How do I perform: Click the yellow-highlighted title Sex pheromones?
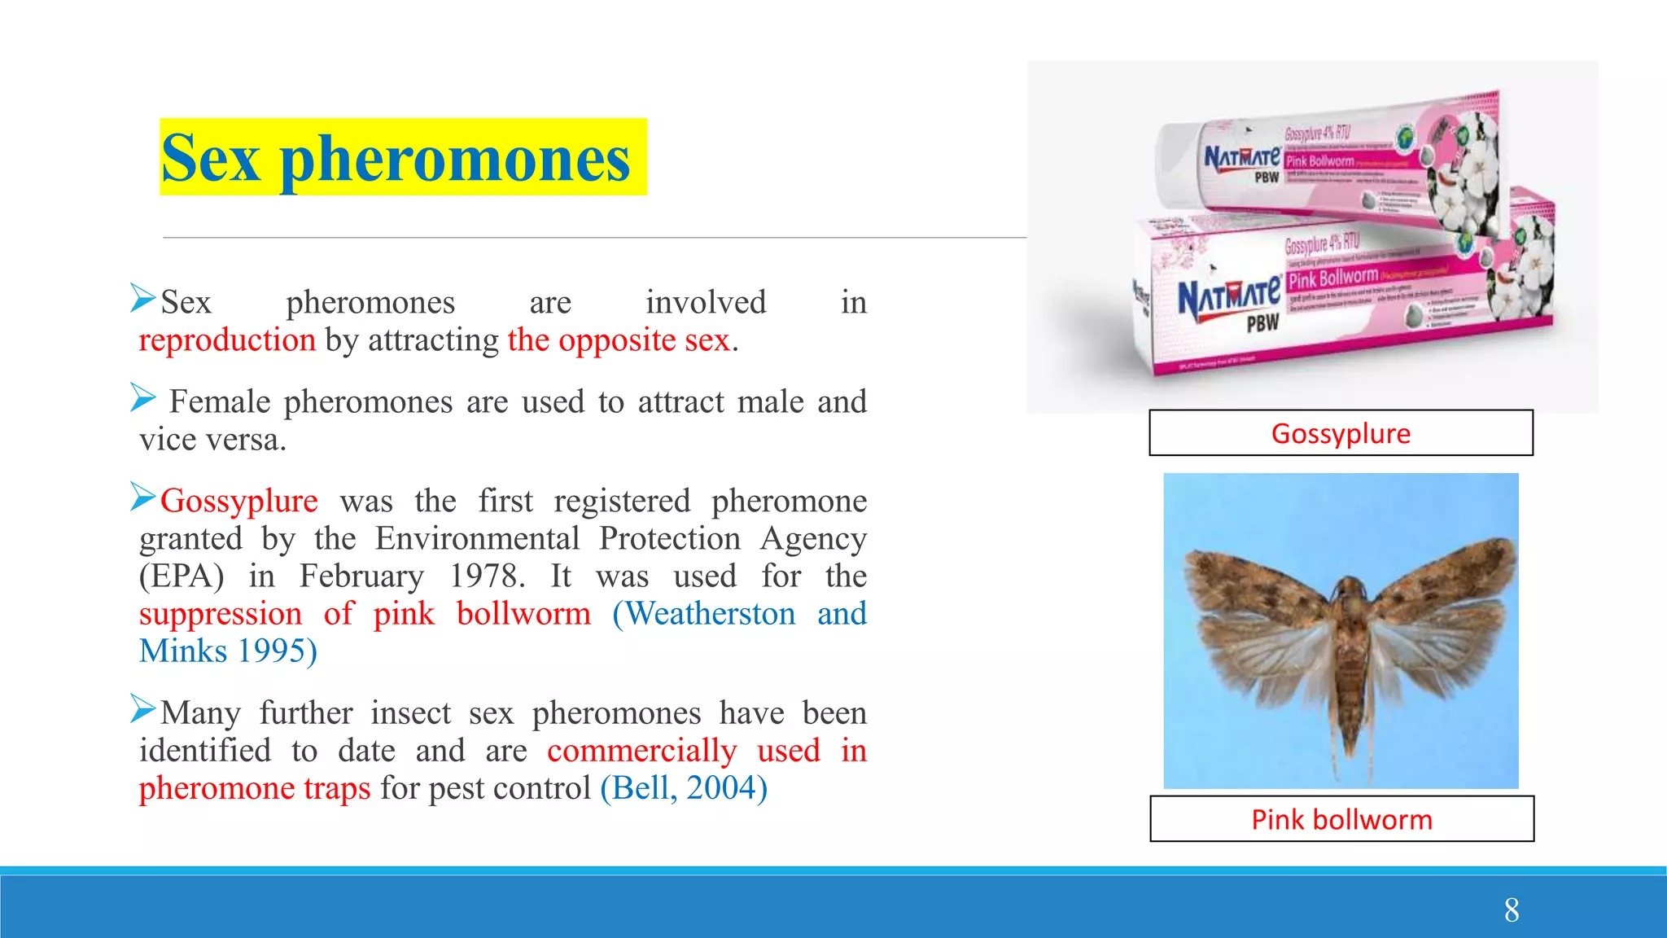396,157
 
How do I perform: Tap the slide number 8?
1512,910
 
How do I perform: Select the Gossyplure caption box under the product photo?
1341,433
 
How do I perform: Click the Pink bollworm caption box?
1341,819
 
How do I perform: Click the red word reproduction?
227,340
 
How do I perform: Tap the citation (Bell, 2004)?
684,788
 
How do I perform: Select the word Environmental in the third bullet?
477,539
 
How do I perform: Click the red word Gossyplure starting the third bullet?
239,501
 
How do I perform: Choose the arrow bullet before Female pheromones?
143,398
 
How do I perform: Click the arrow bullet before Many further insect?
143,709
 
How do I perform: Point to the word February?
361,576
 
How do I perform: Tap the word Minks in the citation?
183,651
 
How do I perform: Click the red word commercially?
641,751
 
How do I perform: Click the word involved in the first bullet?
706,303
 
